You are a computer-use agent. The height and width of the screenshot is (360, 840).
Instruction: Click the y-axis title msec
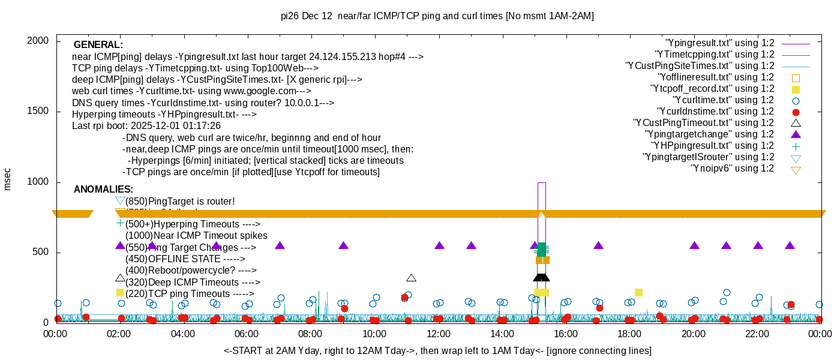click(x=7, y=179)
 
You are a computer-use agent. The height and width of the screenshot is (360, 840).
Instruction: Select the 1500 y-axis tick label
click(x=38, y=112)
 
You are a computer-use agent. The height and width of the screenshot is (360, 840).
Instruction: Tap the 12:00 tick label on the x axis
click(x=439, y=334)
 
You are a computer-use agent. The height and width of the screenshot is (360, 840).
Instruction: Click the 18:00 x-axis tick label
click(x=630, y=334)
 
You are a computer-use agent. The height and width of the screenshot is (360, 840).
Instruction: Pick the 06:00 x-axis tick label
click(x=247, y=334)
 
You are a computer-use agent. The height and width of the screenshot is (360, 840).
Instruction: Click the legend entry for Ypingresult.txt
click(x=720, y=43)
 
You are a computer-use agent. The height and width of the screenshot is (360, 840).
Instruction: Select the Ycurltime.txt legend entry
click(x=723, y=100)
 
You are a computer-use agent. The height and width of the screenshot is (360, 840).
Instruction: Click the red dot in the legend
click(x=796, y=112)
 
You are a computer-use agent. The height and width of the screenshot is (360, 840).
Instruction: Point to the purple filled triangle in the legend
click(x=796, y=134)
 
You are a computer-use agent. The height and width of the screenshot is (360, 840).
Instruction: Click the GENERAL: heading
click(x=98, y=45)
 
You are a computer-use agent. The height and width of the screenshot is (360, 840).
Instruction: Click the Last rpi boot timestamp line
click(x=146, y=126)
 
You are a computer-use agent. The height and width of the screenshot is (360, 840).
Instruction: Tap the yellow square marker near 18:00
click(x=638, y=292)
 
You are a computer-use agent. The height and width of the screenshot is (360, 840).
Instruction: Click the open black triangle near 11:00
click(x=411, y=278)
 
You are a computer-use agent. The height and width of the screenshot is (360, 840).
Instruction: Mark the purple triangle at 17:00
click(x=598, y=245)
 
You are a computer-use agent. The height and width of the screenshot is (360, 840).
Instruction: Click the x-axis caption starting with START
click(x=437, y=350)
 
